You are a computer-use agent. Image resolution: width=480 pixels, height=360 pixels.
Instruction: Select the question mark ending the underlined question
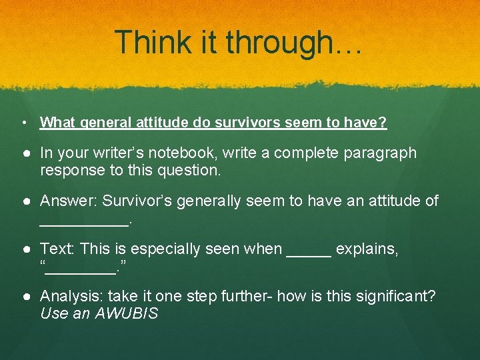pyautogui.click(x=383, y=123)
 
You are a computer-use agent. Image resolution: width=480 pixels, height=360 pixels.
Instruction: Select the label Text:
pyautogui.click(x=57, y=249)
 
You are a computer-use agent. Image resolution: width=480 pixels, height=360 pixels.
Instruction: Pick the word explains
pyautogui.click(x=367, y=249)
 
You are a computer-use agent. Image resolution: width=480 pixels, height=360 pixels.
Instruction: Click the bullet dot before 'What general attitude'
pyautogui.click(x=23, y=123)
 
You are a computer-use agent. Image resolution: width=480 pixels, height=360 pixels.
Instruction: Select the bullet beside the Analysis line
pyautogui.click(x=23, y=297)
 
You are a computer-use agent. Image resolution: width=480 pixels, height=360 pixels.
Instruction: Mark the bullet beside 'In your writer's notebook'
pyautogui.click(x=23, y=153)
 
